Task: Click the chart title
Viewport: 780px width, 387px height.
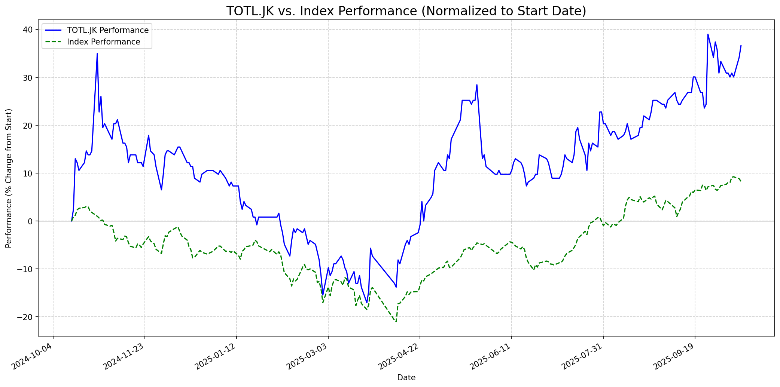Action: tap(406, 11)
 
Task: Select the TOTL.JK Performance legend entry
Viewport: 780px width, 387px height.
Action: tap(107, 30)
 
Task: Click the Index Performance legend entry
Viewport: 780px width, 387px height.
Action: tap(103, 42)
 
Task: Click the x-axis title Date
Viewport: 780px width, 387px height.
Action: tap(406, 378)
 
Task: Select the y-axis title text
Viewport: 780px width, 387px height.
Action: tap(9, 178)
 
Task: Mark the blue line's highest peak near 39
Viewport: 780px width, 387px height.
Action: tap(708, 34)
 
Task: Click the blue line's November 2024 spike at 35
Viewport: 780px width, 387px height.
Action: tap(97, 53)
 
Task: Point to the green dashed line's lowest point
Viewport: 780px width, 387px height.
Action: tap(396, 322)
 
